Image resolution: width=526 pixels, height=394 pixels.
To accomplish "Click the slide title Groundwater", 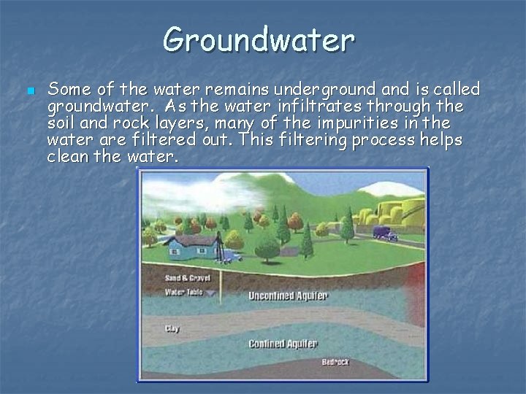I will coord(259,39).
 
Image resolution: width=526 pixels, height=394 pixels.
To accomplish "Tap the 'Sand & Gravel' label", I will coord(183,278).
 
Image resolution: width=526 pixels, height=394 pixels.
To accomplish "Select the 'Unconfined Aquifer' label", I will coord(288,296).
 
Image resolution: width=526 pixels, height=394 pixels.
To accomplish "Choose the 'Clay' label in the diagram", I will coord(172,329).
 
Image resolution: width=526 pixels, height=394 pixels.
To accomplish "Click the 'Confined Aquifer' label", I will coord(282,343).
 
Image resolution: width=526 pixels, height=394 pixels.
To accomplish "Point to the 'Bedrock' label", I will coord(335,362).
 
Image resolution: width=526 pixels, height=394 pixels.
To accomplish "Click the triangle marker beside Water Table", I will coord(212,293).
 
